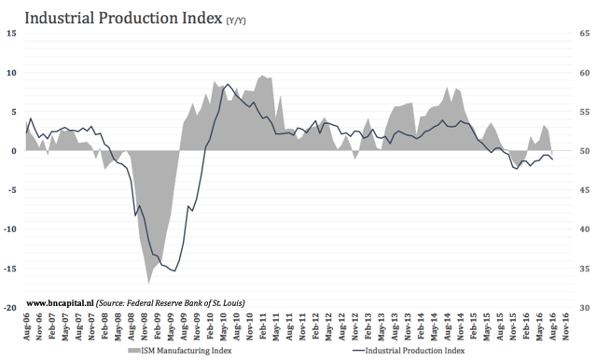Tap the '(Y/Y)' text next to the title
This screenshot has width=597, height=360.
click(243, 21)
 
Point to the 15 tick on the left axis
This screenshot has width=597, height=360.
click(11, 33)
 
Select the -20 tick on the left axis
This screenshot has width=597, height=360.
click(9, 307)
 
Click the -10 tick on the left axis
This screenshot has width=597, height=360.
click(9, 228)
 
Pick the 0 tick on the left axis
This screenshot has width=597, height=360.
click(13, 150)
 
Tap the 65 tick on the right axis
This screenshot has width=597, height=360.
click(583, 33)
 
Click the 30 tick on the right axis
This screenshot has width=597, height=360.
click(583, 307)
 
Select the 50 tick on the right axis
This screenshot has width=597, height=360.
click(583, 150)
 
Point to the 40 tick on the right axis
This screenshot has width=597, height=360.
click(583, 228)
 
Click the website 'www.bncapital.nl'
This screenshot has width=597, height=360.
click(60, 302)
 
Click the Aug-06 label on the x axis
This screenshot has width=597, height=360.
click(26, 330)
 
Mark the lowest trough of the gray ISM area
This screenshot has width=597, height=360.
click(148, 282)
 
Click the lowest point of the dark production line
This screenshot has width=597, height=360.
click(174, 271)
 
